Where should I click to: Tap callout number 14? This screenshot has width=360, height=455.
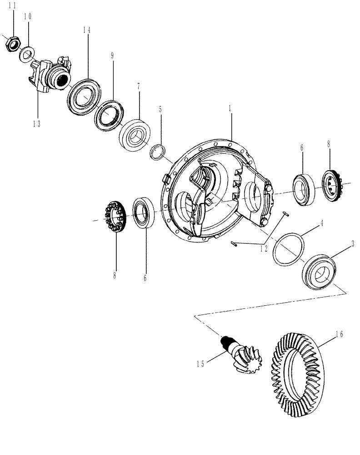point(87,30)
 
